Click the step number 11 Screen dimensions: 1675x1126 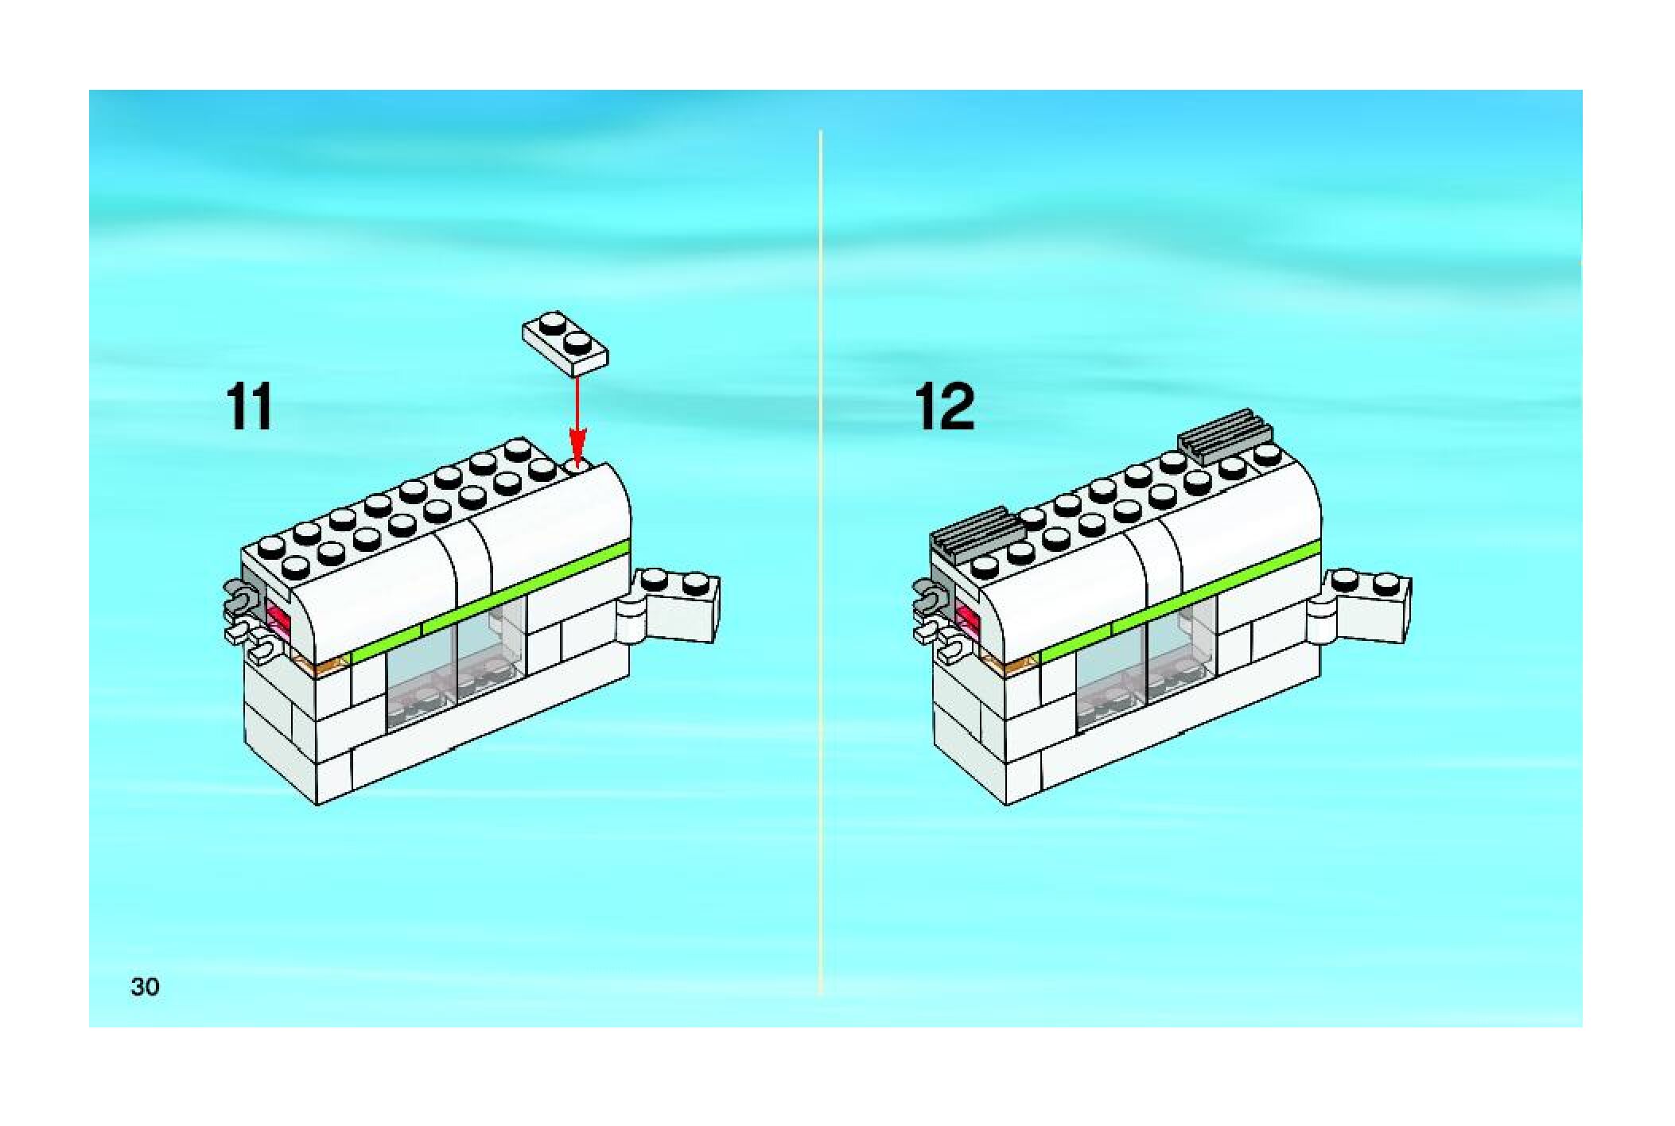point(250,407)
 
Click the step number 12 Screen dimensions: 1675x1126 point(944,407)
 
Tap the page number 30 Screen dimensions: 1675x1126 point(145,987)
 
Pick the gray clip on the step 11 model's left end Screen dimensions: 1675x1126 point(243,597)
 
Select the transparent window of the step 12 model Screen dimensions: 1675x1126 point(1145,668)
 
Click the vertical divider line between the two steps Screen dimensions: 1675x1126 point(820,557)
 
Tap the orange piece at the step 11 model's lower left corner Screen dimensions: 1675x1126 point(322,662)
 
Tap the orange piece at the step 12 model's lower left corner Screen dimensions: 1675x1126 point(1012,662)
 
